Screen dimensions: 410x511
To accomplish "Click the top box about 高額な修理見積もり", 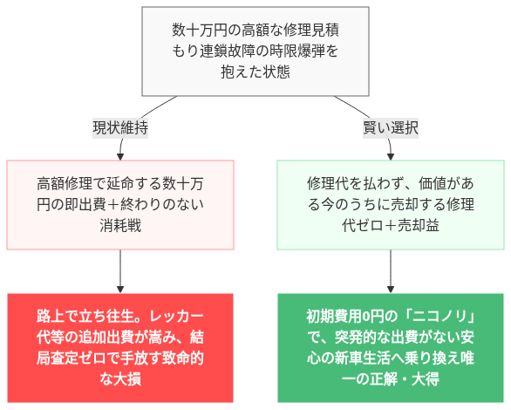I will coord(255,51).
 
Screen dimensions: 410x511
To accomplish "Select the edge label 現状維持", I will coord(120,127).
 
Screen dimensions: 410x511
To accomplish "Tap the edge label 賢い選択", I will coord(391,127).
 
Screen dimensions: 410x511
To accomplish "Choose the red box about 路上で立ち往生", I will coord(120,347).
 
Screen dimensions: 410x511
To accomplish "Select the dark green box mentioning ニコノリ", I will coord(391,347).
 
